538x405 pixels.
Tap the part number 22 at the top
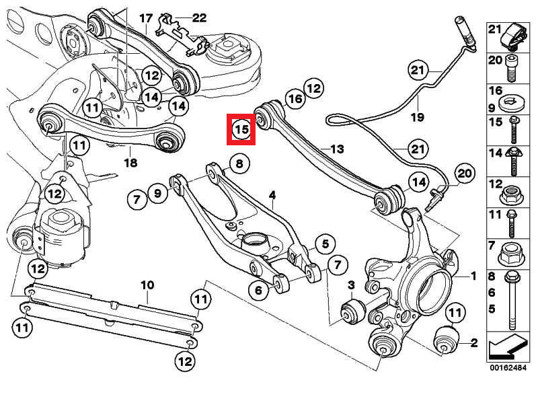point(200,17)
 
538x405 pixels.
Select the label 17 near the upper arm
point(146,17)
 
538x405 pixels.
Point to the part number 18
point(130,163)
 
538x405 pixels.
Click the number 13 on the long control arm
point(337,149)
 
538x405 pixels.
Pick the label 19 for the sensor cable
point(417,117)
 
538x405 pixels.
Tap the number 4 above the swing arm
point(272,196)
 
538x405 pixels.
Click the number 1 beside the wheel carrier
point(473,276)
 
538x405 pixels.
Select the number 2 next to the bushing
point(473,343)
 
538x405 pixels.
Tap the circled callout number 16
point(294,100)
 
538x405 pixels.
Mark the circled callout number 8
point(239,163)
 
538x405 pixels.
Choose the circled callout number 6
point(258,291)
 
